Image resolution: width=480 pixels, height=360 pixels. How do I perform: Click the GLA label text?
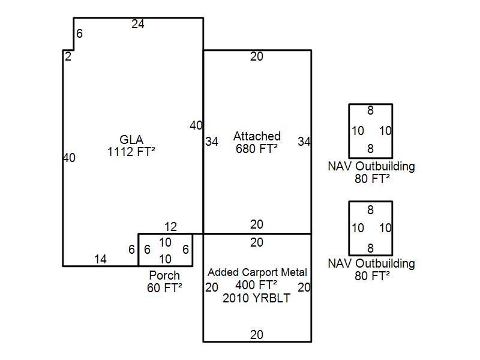pos(131,140)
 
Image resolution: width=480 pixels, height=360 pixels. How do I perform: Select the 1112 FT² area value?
pos(131,152)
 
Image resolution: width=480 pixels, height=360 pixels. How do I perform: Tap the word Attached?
pos(257,136)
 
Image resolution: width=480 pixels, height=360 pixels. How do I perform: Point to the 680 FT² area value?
pos(257,149)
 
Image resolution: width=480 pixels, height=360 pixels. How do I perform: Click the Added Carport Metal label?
pos(257,273)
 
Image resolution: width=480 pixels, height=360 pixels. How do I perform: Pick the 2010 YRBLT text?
pos(257,298)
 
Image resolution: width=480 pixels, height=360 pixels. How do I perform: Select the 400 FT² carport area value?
pos(257,285)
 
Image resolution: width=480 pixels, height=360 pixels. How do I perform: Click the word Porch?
pos(164,275)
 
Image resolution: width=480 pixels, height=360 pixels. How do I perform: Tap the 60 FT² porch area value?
pos(164,288)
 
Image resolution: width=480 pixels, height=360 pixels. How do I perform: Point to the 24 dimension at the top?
pos(138,25)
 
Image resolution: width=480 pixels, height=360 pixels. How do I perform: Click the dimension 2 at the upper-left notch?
pos(68,57)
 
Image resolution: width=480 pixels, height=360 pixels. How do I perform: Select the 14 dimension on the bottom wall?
pos(100,259)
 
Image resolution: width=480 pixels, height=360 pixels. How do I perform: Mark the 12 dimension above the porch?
pos(170,227)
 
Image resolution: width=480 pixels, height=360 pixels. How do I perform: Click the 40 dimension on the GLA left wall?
pos(69,158)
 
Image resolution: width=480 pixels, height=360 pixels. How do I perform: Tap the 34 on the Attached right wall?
pos(304,142)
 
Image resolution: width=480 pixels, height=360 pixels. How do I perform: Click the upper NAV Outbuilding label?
pos(371,166)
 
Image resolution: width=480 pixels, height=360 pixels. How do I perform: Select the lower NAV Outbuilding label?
pos(371,263)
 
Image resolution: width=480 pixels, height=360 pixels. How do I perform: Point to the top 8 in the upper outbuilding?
pos(371,110)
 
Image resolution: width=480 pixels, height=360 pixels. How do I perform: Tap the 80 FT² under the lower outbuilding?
pos(371,276)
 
